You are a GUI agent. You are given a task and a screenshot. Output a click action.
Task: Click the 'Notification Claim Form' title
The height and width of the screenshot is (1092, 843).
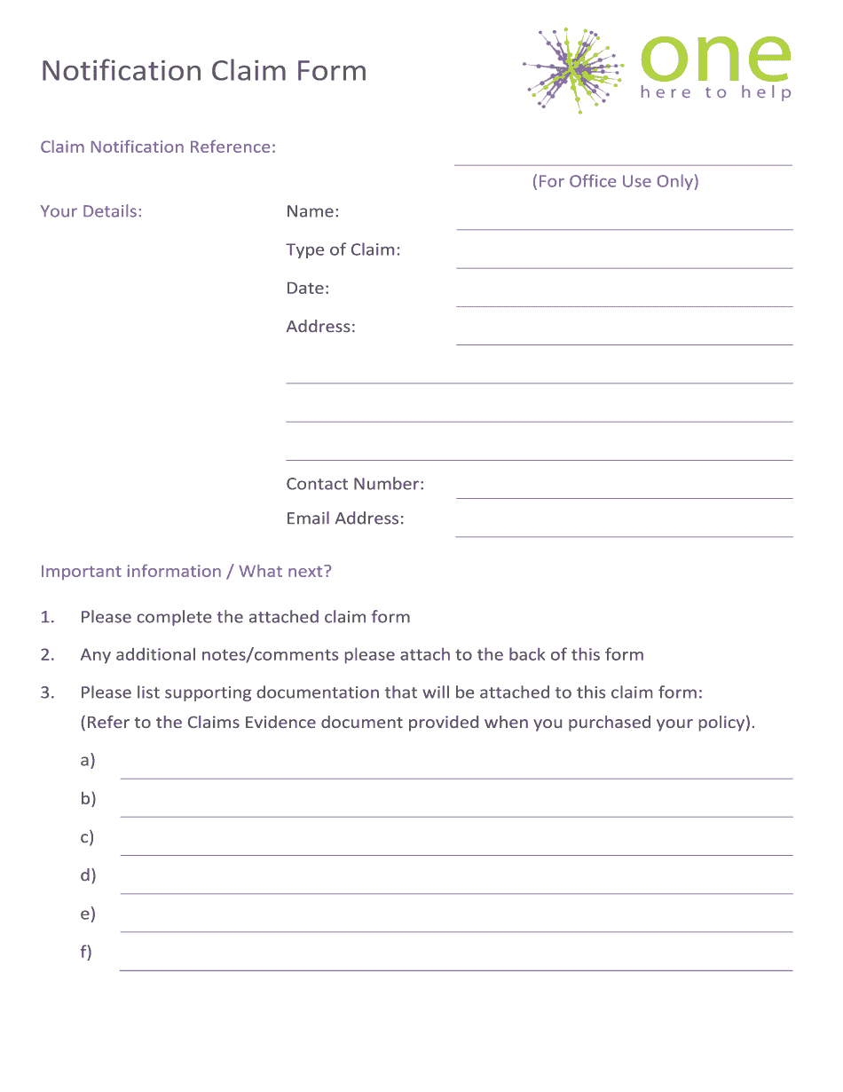click(x=204, y=71)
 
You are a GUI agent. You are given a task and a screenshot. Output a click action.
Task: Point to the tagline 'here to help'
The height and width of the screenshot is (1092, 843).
click(x=715, y=92)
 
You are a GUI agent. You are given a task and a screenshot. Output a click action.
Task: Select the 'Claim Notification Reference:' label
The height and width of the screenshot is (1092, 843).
click(x=158, y=147)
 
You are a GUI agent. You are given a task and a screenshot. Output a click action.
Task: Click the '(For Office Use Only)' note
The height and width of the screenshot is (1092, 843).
click(x=615, y=182)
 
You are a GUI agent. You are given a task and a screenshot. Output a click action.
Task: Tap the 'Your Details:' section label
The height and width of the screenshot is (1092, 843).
click(x=91, y=211)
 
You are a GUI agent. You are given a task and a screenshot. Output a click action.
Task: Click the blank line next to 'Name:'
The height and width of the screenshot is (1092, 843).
click(x=624, y=222)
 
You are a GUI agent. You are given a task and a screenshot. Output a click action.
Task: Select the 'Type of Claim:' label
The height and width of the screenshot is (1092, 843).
click(x=343, y=250)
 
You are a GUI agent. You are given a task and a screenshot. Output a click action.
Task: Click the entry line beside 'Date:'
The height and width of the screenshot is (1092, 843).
click(x=624, y=299)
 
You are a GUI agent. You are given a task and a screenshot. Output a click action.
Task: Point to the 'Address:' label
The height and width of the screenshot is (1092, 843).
click(x=320, y=327)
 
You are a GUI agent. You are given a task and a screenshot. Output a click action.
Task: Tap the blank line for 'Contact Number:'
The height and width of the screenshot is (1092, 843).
click(x=624, y=491)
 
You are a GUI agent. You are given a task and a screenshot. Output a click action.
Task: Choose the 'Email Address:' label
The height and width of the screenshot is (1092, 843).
click(x=345, y=518)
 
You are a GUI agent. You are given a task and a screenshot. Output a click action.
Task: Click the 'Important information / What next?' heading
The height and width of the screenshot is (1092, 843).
click(x=186, y=572)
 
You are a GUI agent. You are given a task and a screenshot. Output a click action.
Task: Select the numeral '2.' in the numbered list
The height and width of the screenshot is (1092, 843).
click(x=48, y=655)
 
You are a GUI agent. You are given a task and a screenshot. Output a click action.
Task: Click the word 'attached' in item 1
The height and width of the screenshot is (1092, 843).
click(x=283, y=617)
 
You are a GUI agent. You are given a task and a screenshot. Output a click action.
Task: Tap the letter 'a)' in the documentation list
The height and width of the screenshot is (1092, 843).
click(x=87, y=761)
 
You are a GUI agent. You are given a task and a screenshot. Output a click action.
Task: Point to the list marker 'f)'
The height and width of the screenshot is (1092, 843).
click(x=86, y=953)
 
